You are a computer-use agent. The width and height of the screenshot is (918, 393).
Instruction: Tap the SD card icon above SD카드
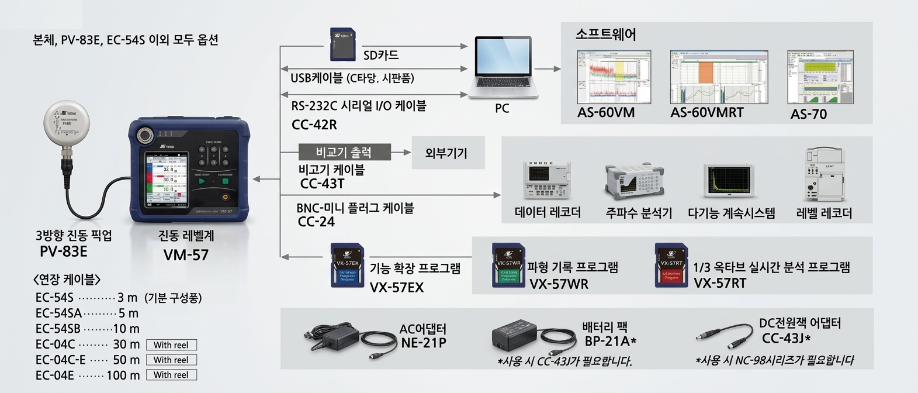coord(343,44)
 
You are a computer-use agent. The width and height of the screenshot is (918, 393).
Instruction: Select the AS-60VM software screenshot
coord(614,77)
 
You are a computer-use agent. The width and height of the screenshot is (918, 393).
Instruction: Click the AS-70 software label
coord(808,114)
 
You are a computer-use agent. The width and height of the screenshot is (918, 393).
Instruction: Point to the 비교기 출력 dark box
coord(344,152)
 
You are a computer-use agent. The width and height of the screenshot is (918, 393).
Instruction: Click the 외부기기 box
coord(448,153)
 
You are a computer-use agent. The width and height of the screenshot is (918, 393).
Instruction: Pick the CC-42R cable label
coord(314,125)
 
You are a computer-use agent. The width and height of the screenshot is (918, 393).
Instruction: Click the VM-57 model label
coord(186,255)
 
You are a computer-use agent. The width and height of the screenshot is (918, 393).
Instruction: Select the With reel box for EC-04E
coord(171,375)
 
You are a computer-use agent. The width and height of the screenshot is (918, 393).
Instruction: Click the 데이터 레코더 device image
coord(547,180)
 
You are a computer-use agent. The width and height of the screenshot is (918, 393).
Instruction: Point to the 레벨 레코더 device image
coord(823,174)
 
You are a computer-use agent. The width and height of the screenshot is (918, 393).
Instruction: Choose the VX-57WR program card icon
coord(508,266)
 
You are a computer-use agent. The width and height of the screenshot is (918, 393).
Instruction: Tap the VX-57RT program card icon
coord(671,266)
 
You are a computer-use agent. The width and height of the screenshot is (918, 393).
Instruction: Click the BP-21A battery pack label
coord(610,341)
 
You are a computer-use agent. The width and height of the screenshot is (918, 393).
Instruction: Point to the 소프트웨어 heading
coord(605,35)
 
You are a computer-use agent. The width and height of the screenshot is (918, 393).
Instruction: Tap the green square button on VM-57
coord(226,182)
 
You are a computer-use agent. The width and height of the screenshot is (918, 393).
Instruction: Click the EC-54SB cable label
coord(58,329)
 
